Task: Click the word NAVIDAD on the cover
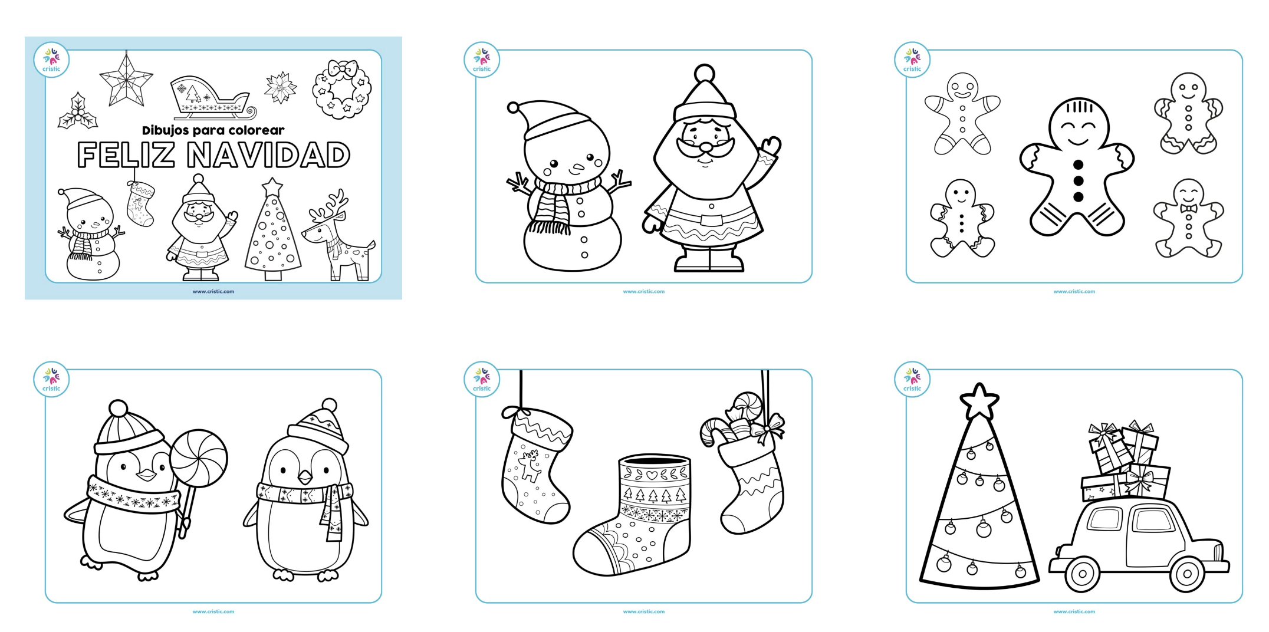point(268,155)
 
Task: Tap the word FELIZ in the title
point(126,155)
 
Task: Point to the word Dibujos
point(166,130)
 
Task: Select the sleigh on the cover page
point(213,97)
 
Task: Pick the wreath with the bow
point(341,88)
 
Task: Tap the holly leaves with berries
point(78,111)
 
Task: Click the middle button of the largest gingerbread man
point(1079,181)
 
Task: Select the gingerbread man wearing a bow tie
point(1188,219)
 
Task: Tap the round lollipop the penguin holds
point(199,459)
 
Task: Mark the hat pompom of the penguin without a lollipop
point(330,406)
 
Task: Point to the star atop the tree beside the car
point(979,401)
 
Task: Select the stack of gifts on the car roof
point(1124,461)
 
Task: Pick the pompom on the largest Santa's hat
point(704,74)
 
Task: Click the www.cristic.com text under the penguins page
point(213,611)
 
